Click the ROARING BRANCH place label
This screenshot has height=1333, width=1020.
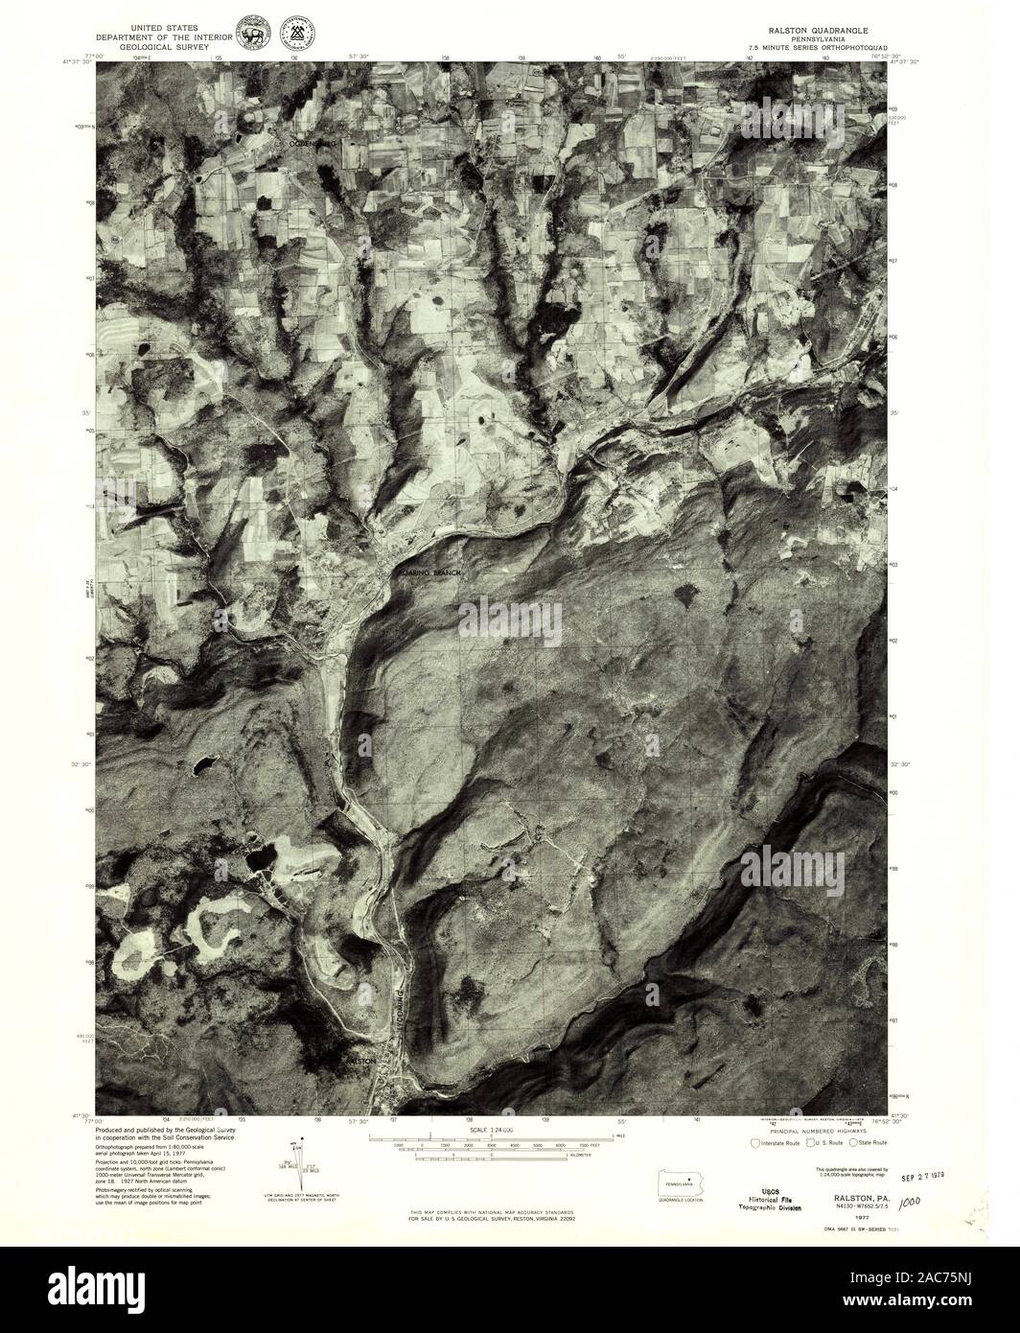click(430, 573)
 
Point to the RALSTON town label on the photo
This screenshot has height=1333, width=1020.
click(359, 1061)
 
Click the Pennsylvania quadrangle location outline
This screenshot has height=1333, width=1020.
click(680, 1183)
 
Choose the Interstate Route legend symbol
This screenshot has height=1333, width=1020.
click(755, 1143)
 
